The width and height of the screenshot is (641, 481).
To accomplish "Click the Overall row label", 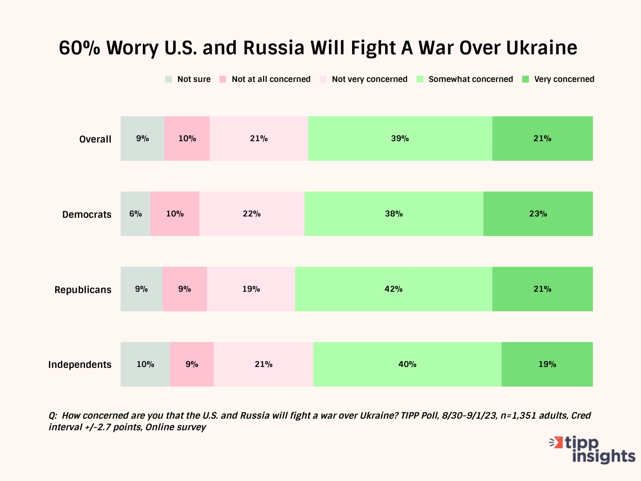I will click(95, 139).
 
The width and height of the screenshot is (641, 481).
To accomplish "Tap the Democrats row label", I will click(87, 214).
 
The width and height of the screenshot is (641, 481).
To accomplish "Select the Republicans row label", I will click(83, 289).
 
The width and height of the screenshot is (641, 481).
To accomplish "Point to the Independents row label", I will click(80, 364).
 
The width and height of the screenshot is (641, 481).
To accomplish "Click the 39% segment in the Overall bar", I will click(400, 139).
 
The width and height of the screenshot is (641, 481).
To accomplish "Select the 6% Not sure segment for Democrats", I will click(135, 214).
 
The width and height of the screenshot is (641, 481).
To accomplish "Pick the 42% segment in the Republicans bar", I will click(394, 289).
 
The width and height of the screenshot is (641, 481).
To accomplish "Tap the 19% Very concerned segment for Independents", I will click(547, 364).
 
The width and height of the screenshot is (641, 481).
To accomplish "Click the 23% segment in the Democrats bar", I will click(538, 214).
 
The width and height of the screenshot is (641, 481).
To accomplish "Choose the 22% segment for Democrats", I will click(252, 214).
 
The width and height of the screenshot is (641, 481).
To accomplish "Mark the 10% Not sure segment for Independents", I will click(145, 364).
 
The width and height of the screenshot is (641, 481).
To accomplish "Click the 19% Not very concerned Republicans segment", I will click(251, 289).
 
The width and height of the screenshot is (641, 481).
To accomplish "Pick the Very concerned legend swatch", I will click(526, 79).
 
